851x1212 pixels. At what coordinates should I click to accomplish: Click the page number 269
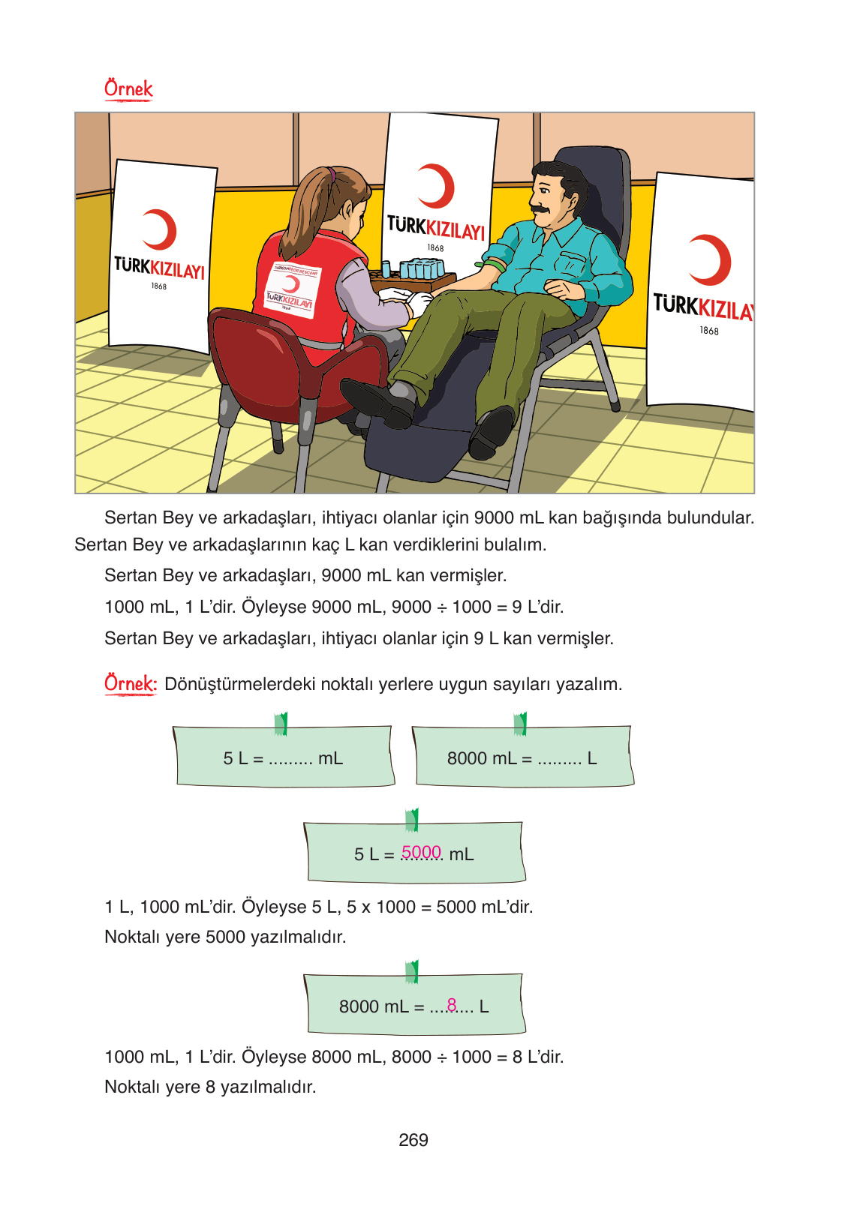pos(413,1140)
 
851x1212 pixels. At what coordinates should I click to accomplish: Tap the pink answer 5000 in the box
pos(421,852)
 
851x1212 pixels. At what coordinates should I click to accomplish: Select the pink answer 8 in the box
pos(452,1004)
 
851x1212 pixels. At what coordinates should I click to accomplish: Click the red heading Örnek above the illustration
pos(128,89)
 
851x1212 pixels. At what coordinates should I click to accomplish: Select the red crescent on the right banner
pos(712,259)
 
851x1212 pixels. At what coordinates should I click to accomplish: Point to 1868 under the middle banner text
pos(435,248)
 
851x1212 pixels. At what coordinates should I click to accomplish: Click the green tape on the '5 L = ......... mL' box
pos(281,724)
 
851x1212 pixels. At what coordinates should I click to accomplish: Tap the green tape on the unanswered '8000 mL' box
pos(520,724)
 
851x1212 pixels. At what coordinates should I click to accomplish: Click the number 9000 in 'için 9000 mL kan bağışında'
pos(494,518)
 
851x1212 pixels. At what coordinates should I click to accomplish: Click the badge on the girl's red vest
pos(291,290)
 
